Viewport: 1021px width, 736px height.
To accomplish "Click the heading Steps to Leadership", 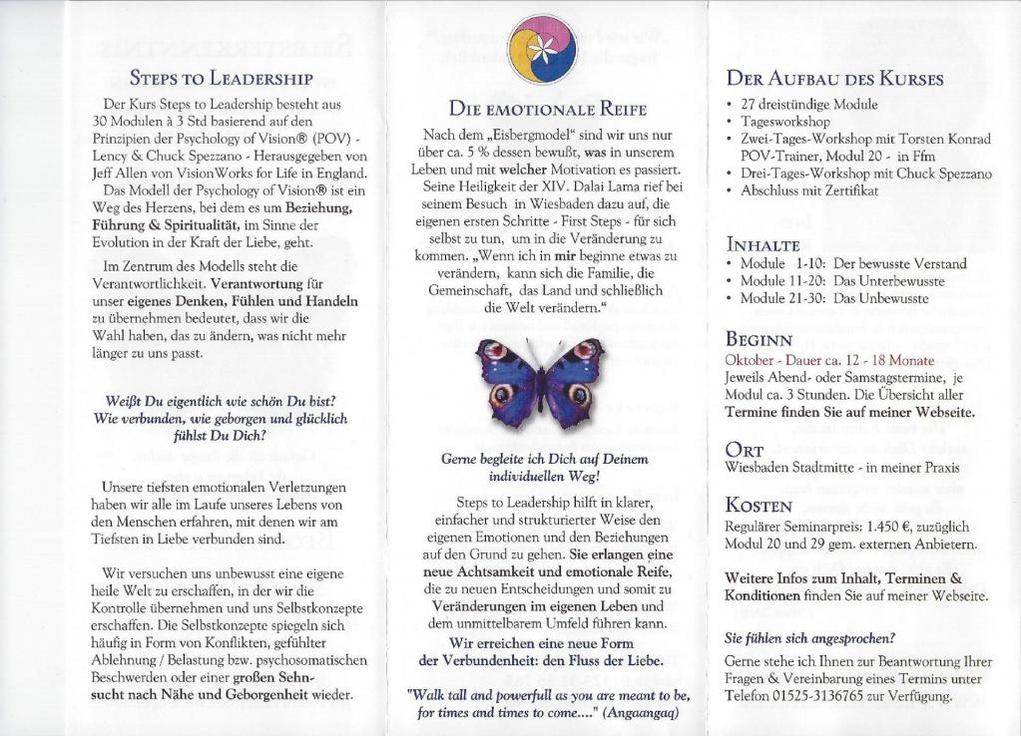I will pyautogui.click(x=222, y=78).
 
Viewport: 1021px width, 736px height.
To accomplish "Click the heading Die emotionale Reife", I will pyautogui.click(x=547, y=109).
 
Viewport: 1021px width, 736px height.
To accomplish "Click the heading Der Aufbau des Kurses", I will pyautogui.click(x=834, y=78).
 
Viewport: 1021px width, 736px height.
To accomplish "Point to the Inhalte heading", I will pyautogui.click(x=764, y=244).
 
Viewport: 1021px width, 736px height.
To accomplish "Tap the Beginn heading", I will pyautogui.click(x=759, y=339).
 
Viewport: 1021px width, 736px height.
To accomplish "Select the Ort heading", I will pyautogui.click(x=745, y=450).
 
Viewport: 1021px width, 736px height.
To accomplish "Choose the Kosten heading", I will pyautogui.click(x=759, y=506).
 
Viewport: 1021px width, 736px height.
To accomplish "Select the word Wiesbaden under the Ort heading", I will pyautogui.click(x=761, y=468).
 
